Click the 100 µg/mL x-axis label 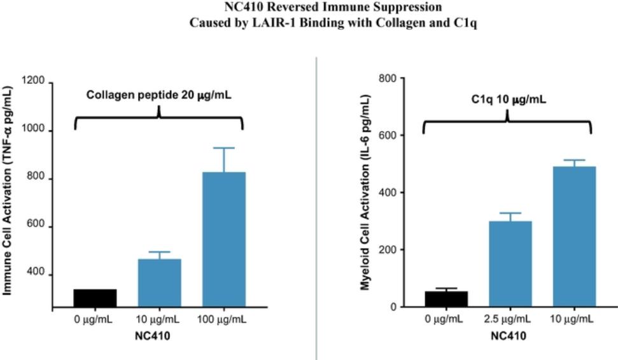[x=223, y=319]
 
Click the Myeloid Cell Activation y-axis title [x=365, y=192]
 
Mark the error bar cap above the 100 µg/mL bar [x=223, y=148]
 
